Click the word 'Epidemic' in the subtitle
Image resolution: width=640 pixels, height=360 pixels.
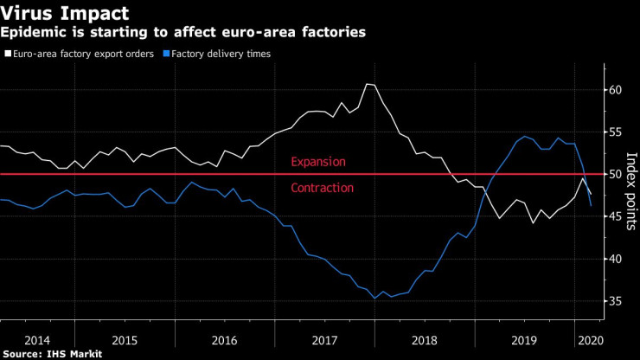(33, 32)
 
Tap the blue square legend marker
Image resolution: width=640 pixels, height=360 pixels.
(170, 54)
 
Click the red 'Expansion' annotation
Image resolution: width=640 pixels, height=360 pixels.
(318, 162)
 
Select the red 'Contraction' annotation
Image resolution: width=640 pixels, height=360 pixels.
(323, 188)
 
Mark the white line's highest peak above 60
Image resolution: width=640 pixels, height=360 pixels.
(368, 84)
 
